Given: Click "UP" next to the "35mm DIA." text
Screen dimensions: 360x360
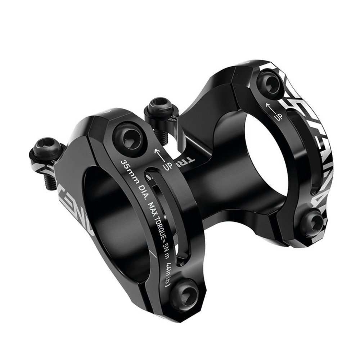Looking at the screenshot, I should pos(167,166).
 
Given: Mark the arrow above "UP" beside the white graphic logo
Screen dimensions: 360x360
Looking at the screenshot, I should pos(270,107).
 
